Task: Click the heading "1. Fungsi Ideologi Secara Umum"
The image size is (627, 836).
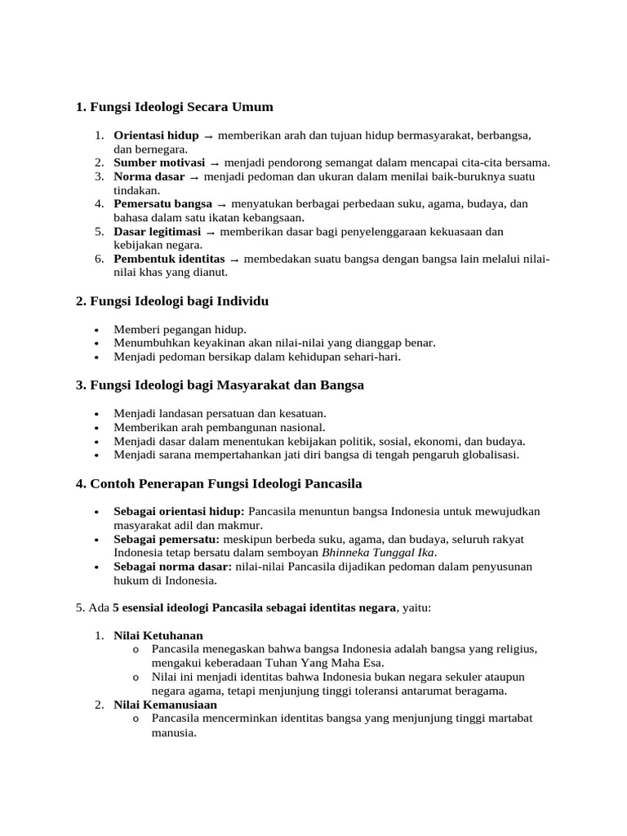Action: pyautogui.click(x=174, y=107)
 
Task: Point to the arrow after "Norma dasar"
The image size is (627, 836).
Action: pyautogui.click(x=194, y=176)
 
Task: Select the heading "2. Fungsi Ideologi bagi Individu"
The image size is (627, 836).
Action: pyautogui.click(x=171, y=301)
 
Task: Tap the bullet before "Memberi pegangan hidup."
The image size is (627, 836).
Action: pyautogui.click(x=97, y=329)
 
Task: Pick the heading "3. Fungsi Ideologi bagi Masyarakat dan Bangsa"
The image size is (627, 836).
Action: pyautogui.click(x=220, y=385)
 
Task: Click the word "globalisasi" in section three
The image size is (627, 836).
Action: pyautogui.click(x=487, y=455)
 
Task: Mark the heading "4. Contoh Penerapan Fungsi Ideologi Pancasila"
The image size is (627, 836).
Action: pyautogui.click(x=219, y=483)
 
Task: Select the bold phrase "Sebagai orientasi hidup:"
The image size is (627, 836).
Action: pyautogui.click(x=179, y=511)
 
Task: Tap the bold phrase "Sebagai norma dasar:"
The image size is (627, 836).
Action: pyautogui.click(x=172, y=567)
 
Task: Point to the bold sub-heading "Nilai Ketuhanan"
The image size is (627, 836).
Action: pyautogui.click(x=158, y=635)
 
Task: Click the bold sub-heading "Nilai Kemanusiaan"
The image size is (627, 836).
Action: pyautogui.click(x=165, y=705)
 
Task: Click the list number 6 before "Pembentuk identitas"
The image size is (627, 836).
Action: pyautogui.click(x=98, y=260)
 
